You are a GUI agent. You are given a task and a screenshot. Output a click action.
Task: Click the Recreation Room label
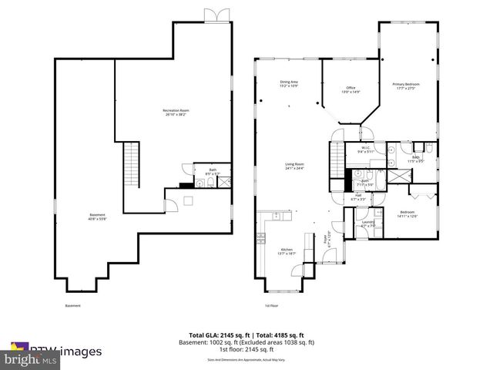pos(176,113)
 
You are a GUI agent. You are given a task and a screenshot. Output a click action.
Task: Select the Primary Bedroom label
pos(404,86)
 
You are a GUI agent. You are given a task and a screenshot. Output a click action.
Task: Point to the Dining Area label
pos(288,83)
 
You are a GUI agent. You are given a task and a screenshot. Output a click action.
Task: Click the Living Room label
pos(294,166)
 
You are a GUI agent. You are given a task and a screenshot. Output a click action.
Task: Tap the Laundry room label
pos(368,224)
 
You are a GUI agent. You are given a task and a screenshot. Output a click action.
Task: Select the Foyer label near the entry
pos(327,240)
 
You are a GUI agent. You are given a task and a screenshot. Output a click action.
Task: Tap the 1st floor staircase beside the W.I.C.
pos(336,160)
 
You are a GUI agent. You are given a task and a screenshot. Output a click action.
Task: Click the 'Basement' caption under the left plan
pos(72,306)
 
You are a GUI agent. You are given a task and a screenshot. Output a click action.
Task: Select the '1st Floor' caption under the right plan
pos(271,306)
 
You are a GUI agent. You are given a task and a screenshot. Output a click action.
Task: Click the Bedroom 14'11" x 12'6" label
pos(407,214)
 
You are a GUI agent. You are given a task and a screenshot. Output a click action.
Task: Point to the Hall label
pos(359,197)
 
